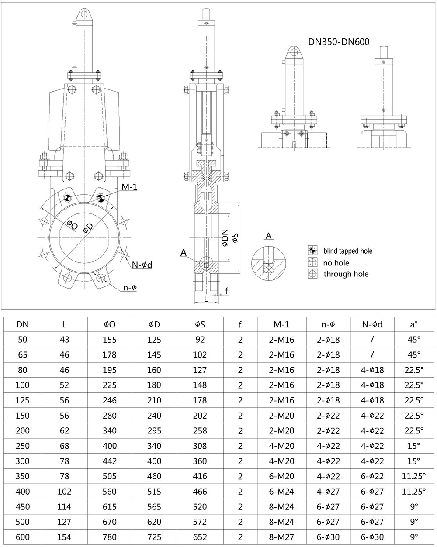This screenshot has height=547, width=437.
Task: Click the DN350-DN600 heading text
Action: pyautogui.click(x=339, y=42)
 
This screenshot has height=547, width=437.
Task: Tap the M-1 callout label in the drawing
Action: pyautogui.click(x=129, y=187)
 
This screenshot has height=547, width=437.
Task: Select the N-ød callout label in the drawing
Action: pyautogui.click(x=142, y=265)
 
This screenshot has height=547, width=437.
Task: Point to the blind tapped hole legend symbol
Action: pyautogui.click(x=312, y=251)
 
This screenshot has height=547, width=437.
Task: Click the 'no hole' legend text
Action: pyautogui.click(x=336, y=262)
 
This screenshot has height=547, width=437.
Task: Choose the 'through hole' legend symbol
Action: pyautogui.click(x=312, y=274)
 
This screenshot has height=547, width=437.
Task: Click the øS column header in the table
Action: pyautogui.click(x=200, y=324)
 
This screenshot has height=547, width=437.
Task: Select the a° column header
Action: pyautogui.click(x=413, y=324)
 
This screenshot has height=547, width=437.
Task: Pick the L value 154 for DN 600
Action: pyautogui.click(x=64, y=537)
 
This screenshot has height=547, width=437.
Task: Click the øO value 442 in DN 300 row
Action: pyautogui.click(x=110, y=461)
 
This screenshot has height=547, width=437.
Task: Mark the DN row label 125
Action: pyautogui.click(x=23, y=400)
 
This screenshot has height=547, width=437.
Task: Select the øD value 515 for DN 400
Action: pyautogui.click(x=154, y=492)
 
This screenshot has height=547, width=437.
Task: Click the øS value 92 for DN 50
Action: pyautogui.click(x=200, y=340)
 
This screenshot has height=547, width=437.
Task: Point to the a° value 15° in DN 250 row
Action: pyautogui.click(x=413, y=446)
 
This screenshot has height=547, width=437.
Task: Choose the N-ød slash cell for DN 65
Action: pyautogui.click(x=372, y=354)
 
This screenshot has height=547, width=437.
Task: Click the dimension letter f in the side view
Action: pyautogui.click(x=226, y=291)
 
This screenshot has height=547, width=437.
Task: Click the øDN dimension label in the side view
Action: pyautogui.click(x=225, y=238)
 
